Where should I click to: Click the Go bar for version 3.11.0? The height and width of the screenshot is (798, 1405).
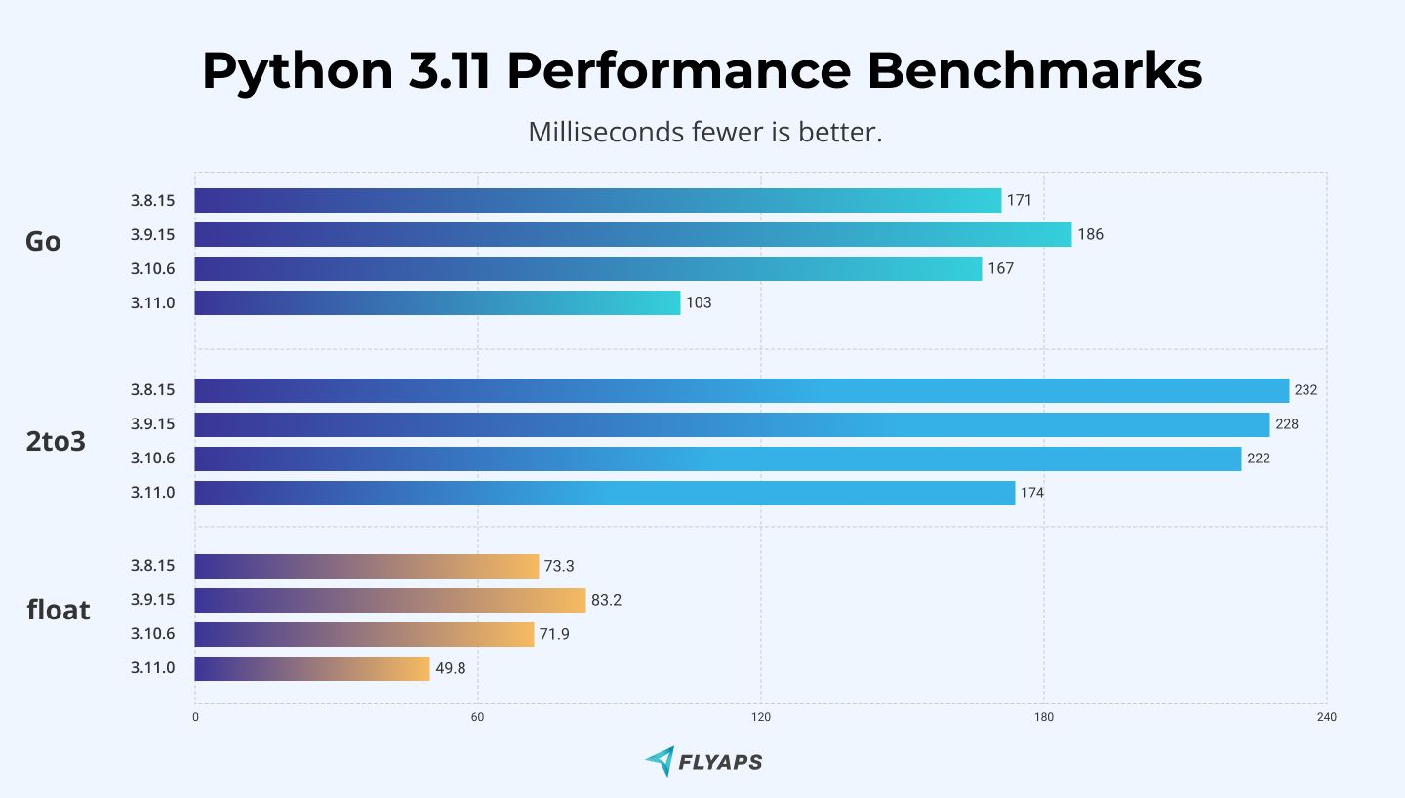coord(437,302)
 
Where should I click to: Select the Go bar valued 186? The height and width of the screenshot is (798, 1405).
coord(632,234)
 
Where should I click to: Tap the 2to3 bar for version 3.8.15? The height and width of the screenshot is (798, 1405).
coord(742,390)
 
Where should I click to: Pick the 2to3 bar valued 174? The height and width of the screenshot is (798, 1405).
coord(605,493)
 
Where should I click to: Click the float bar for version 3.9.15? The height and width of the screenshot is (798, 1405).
coord(390,600)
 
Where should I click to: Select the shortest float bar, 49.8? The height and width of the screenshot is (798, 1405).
coord(312,668)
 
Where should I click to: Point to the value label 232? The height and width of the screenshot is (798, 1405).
coord(1305,390)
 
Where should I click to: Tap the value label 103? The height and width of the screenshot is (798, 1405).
coord(699,302)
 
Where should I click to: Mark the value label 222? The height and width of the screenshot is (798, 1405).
coord(1258,459)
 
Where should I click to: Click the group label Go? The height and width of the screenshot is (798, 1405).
coord(43,242)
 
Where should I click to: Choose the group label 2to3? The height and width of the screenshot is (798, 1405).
coord(56,442)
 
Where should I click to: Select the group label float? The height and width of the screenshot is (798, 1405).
coord(59,611)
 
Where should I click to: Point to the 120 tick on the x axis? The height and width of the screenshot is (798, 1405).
coord(761,718)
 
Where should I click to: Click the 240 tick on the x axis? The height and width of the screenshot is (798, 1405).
coord(1325,718)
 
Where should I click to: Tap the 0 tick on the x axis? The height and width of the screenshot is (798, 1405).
coord(195,718)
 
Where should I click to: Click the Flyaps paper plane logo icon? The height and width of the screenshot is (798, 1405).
coord(660,761)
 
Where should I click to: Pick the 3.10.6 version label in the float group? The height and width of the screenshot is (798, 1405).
coord(152,634)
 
